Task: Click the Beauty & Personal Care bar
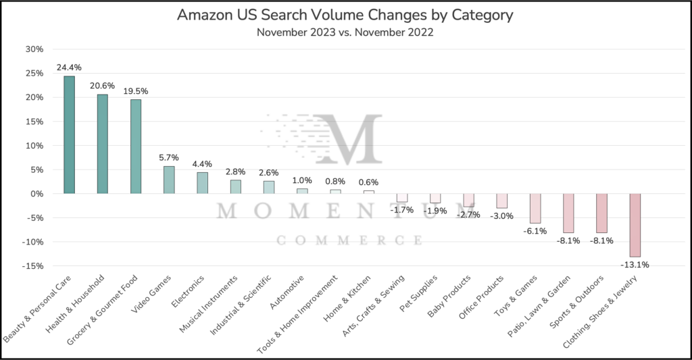click(69, 135)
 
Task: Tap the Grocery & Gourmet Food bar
click(136, 147)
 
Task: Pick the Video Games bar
click(169, 180)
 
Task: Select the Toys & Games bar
click(535, 208)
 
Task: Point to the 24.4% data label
click(69, 68)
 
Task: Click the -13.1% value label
click(635, 265)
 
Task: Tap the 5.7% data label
click(169, 157)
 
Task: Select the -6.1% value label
click(535, 231)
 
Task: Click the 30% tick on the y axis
click(34, 49)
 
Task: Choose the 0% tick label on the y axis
click(37, 194)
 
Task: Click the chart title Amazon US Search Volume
click(345, 16)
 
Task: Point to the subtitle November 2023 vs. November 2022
click(345, 32)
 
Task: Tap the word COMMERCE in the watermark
click(349, 240)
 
